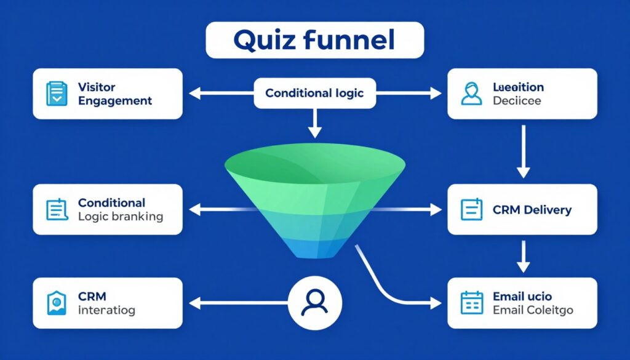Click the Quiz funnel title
point(314,40)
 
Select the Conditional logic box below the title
point(314,94)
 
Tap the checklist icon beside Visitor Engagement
point(57,94)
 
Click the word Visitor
point(97,87)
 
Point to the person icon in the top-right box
point(471,94)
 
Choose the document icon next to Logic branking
point(57,209)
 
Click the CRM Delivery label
point(532,210)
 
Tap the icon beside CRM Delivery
point(471,209)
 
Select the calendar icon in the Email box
point(471,303)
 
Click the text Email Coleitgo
point(533,310)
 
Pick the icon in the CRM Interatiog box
point(57,303)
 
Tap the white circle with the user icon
point(315,302)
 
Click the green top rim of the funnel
point(314,161)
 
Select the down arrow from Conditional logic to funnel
point(314,123)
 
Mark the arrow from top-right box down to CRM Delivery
point(523,151)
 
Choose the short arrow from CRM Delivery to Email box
point(523,257)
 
